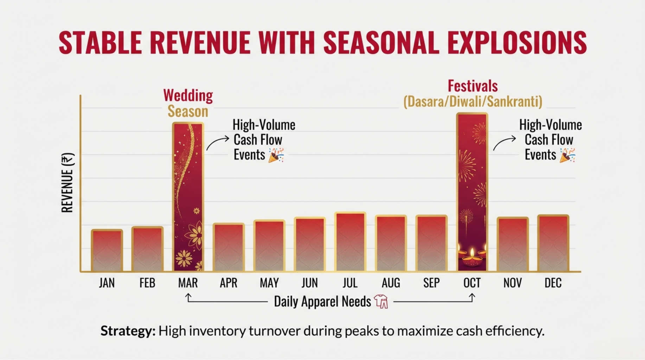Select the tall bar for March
(x=188, y=197)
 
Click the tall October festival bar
(x=472, y=192)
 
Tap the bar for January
(x=107, y=250)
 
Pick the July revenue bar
(x=350, y=242)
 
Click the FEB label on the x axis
(x=147, y=283)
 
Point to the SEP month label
(x=432, y=283)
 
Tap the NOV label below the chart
(x=512, y=283)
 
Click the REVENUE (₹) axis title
(x=67, y=182)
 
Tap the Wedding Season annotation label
(x=188, y=103)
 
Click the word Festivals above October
(x=473, y=86)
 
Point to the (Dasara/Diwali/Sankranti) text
(x=473, y=102)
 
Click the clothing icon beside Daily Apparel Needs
(x=381, y=302)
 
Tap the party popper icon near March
(x=276, y=155)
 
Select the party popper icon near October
(x=567, y=155)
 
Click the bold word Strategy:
(x=128, y=331)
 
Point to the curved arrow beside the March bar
(x=217, y=143)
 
